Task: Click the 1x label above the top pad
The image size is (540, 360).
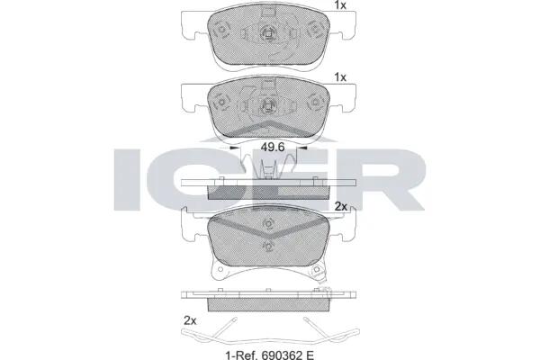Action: pos(340,5)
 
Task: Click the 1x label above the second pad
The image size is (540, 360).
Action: pos(340,77)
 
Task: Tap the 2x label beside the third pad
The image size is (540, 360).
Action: pos(341,206)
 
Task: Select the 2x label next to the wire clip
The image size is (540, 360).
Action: pos(190,320)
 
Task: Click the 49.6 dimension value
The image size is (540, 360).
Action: pos(273,147)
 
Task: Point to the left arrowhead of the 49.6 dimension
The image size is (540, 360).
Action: pos(235,148)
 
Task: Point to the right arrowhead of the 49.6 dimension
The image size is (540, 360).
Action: pos(301,148)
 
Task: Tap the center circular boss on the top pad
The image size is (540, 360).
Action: pos(267,33)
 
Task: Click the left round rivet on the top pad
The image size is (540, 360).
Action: pos(221,30)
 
